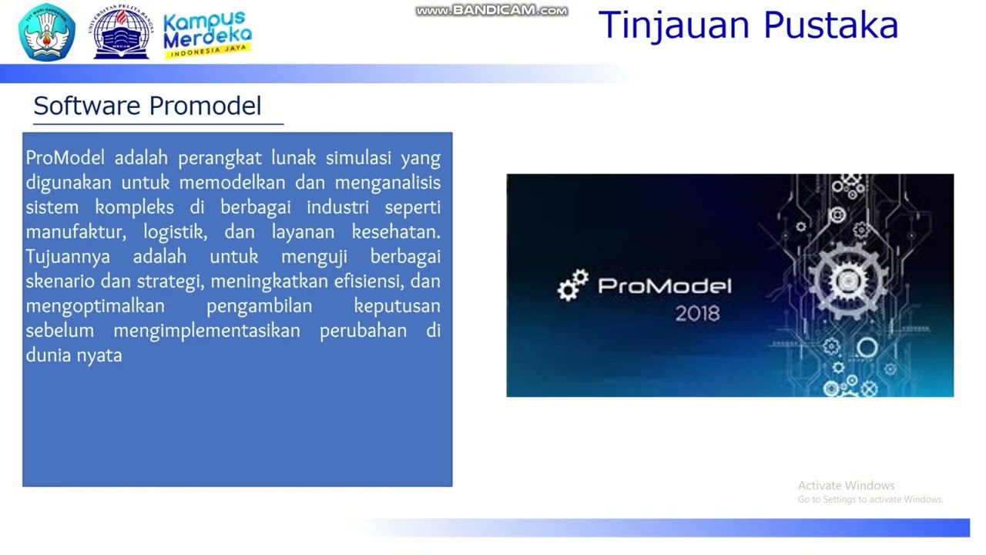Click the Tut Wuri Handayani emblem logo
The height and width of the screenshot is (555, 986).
(x=47, y=32)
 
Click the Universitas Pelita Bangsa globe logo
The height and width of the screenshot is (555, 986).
(x=122, y=32)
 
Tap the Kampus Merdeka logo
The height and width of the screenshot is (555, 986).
(x=207, y=33)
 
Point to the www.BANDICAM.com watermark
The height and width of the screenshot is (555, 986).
(x=491, y=11)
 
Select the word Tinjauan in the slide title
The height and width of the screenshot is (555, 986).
(x=675, y=25)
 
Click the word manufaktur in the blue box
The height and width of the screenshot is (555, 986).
(x=75, y=232)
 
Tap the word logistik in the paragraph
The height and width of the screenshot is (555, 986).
(x=175, y=232)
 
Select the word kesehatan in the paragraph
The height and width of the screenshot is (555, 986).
(x=395, y=232)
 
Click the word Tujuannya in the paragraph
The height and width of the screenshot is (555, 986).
(x=68, y=257)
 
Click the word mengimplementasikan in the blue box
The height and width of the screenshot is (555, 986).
(x=206, y=331)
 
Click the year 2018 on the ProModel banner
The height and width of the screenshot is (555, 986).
(x=697, y=314)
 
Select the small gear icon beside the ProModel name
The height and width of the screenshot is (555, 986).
(x=573, y=285)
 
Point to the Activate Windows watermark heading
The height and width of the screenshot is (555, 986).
(x=846, y=486)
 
